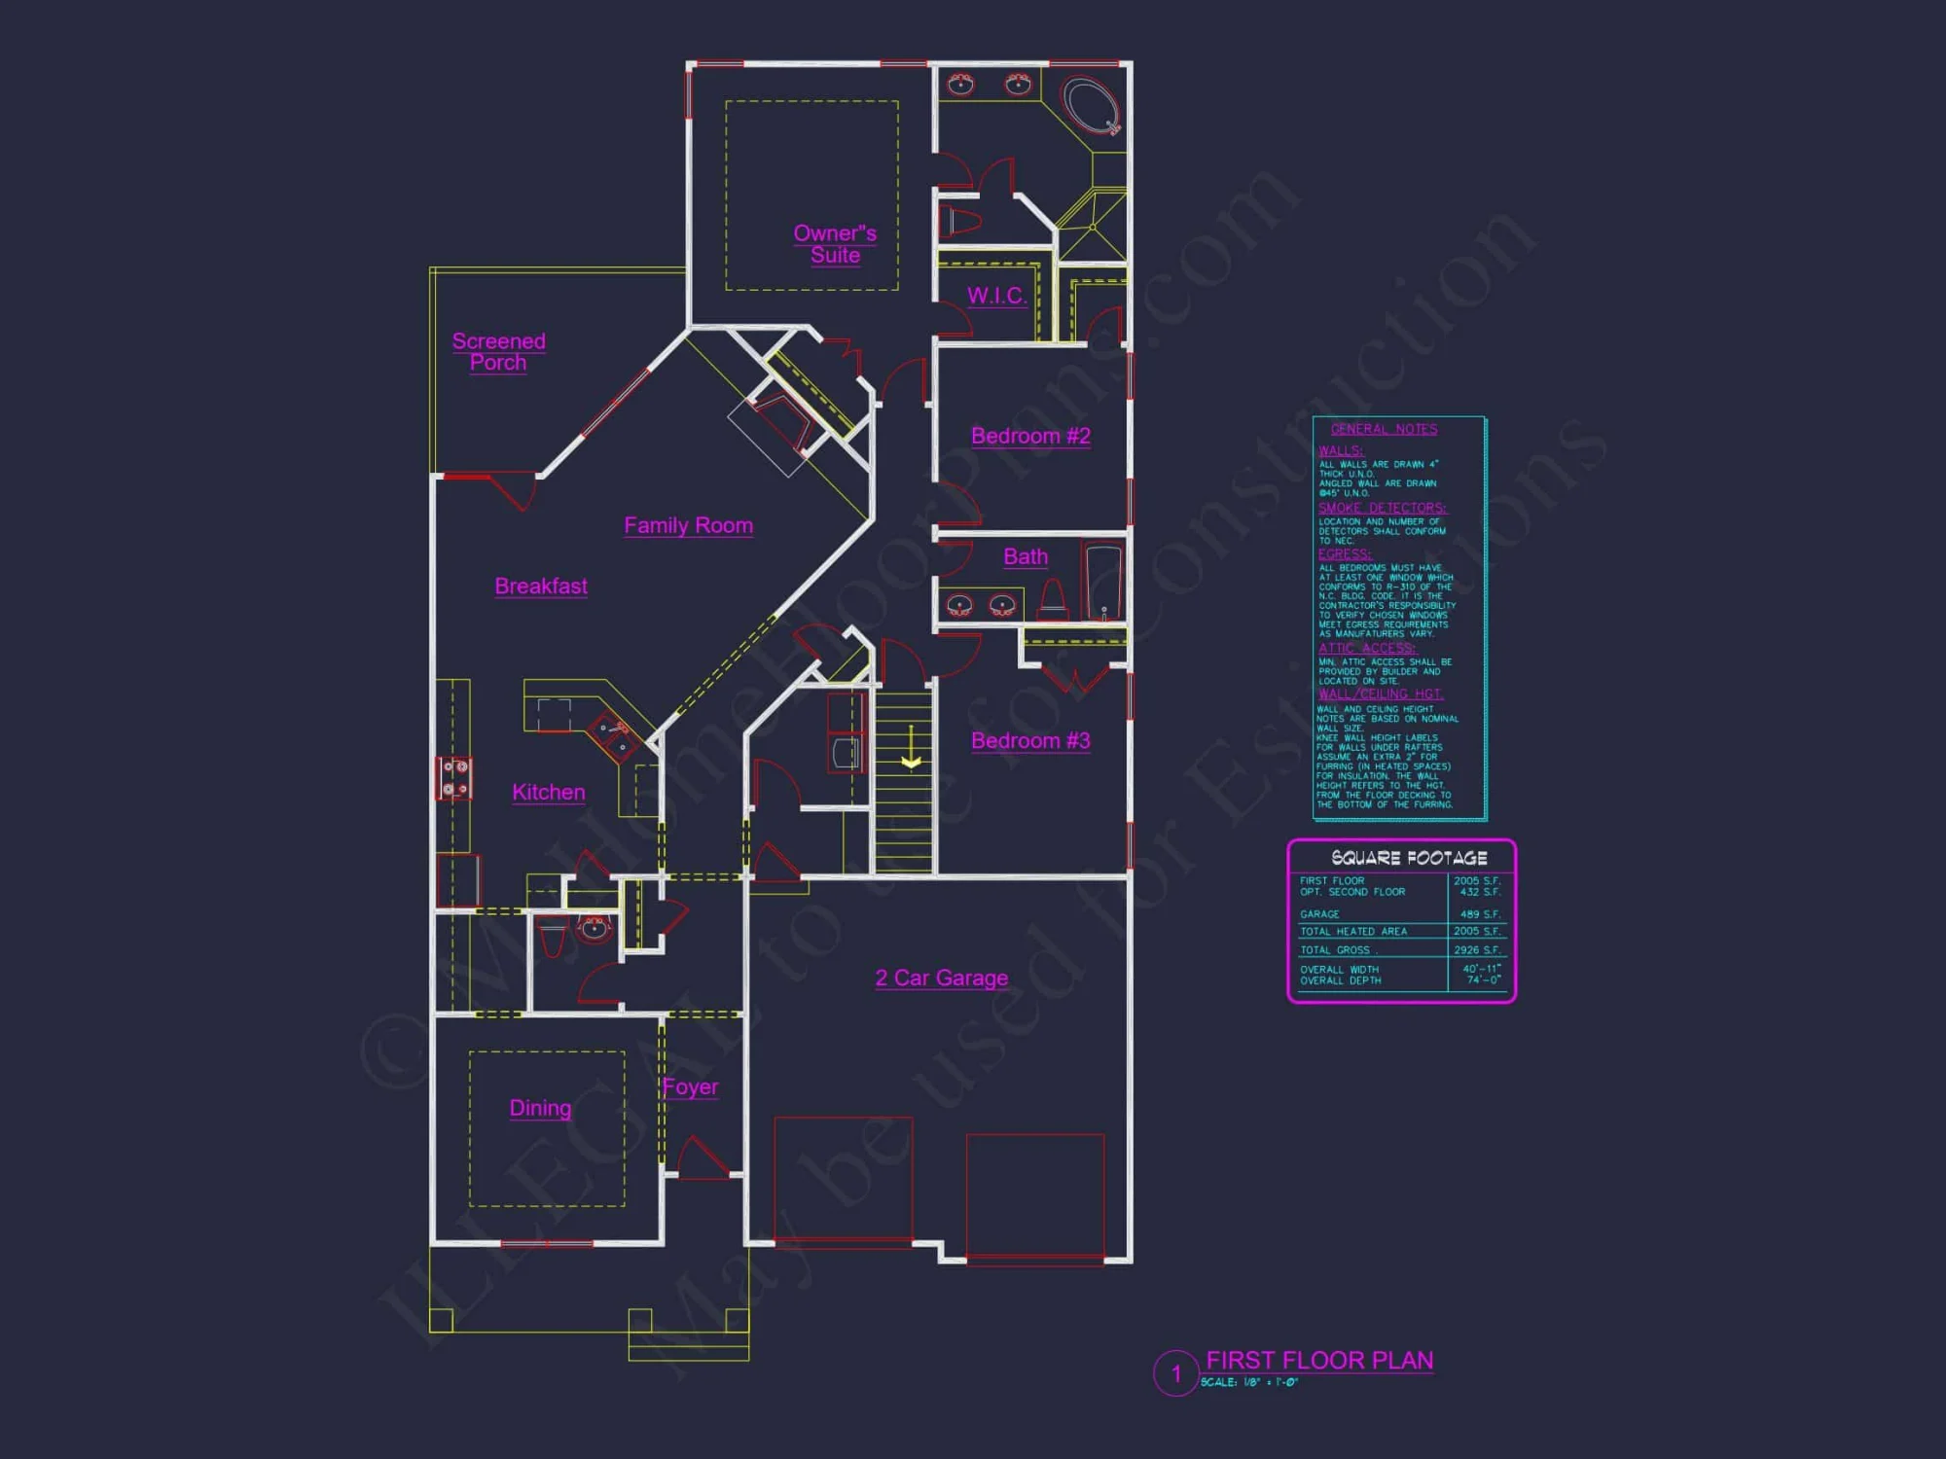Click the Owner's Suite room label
click(835, 244)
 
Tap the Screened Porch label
click(498, 351)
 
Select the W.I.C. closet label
click(996, 296)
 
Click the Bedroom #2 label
click(1030, 436)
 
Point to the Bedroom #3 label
click(1030, 740)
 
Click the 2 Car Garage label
click(941, 978)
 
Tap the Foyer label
click(690, 1086)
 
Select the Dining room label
click(540, 1108)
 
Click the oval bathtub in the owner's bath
click(1093, 106)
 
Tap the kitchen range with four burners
click(454, 778)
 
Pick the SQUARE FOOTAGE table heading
click(1408, 858)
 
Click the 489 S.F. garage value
click(1479, 914)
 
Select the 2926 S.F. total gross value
click(1476, 950)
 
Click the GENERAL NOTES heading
click(1384, 429)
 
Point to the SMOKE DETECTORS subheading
click(1382, 508)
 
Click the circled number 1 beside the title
click(1175, 1373)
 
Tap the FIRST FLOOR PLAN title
click(1318, 1360)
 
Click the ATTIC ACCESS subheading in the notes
click(1366, 648)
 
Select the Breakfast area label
click(541, 586)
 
